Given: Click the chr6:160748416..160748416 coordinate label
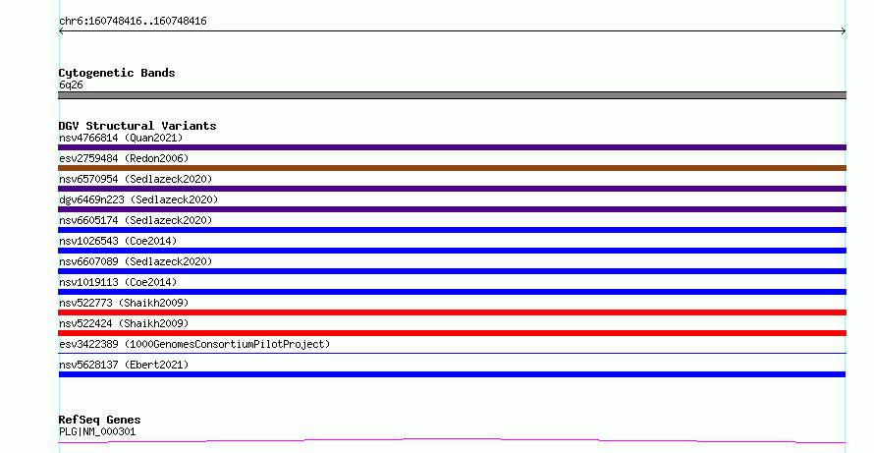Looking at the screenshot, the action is (x=133, y=22).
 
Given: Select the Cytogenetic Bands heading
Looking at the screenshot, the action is (x=117, y=73).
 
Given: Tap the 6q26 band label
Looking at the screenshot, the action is (x=71, y=85).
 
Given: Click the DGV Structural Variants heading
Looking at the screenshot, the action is (x=137, y=126).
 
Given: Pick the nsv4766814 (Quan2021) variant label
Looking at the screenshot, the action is (x=121, y=138).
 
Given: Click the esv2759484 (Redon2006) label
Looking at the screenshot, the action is (x=124, y=158).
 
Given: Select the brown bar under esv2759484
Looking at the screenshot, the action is (x=452, y=168).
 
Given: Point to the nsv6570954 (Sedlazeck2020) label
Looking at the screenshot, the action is (x=136, y=179).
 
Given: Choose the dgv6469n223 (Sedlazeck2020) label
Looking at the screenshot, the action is (x=138, y=199).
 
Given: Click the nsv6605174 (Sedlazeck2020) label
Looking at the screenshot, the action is (x=136, y=220).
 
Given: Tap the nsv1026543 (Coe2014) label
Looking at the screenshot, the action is (x=118, y=241).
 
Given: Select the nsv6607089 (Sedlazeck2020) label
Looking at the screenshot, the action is (x=136, y=261).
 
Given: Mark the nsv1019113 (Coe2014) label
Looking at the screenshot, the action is (x=118, y=282).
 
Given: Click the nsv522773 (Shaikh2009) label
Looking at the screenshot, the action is (x=124, y=303).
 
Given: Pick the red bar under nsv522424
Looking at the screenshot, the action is (x=452, y=333).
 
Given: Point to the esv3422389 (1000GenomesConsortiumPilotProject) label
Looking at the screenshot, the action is (x=194, y=344).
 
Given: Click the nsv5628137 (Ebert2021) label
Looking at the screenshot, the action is (x=124, y=365).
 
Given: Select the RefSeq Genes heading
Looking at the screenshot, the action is (x=99, y=420).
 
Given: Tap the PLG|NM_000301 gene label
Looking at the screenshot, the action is (x=97, y=431).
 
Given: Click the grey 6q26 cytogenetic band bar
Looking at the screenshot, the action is (x=452, y=95).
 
